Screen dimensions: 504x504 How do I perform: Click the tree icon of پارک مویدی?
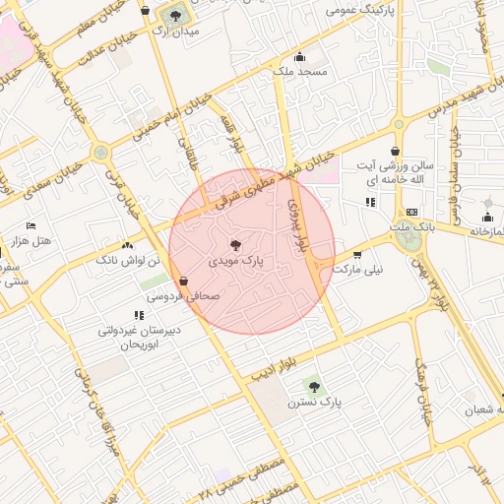click(x=235, y=244)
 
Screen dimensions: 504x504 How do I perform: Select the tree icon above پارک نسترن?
click(x=313, y=387)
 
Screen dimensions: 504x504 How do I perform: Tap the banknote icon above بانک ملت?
click(x=411, y=212)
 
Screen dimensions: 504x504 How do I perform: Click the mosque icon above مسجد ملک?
click(x=299, y=56)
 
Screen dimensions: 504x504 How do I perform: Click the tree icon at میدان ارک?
click(x=175, y=15)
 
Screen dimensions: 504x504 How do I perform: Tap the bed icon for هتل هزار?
click(x=31, y=225)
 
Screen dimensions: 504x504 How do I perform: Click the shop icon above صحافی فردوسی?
click(x=184, y=280)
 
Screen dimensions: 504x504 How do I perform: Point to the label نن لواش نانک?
click(x=121, y=260)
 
